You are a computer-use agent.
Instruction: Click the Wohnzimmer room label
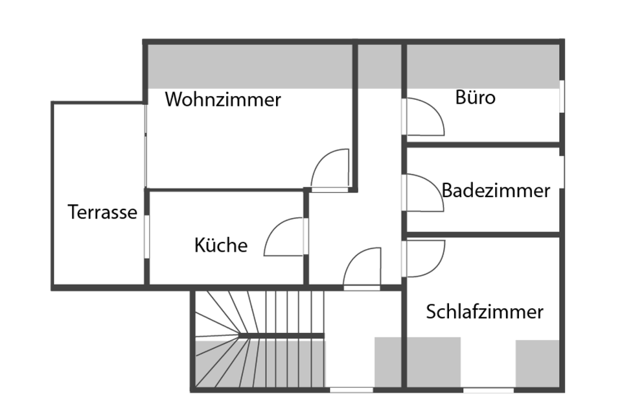(x=223, y=100)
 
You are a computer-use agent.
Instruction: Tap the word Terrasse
(x=102, y=212)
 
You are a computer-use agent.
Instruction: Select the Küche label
(x=220, y=245)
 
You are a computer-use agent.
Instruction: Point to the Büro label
(x=475, y=98)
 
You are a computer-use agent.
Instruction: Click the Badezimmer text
(x=496, y=191)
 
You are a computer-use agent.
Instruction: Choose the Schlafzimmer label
(x=484, y=312)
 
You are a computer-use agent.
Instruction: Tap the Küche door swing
(x=284, y=236)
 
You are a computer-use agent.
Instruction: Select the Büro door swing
(x=425, y=117)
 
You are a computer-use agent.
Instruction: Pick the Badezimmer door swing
(x=425, y=193)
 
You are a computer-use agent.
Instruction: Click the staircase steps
(x=259, y=341)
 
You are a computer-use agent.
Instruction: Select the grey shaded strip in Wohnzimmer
(x=249, y=65)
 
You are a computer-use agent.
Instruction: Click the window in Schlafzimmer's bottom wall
(x=488, y=390)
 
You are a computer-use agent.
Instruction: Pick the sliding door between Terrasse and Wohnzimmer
(x=146, y=146)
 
